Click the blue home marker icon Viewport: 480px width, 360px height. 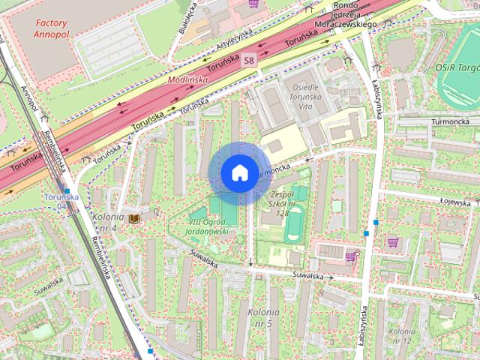click(238, 172)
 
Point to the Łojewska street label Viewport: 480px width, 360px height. click(454, 202)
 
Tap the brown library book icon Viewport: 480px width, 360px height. click(134, 218)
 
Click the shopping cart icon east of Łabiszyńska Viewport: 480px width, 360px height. click(391, 242)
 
